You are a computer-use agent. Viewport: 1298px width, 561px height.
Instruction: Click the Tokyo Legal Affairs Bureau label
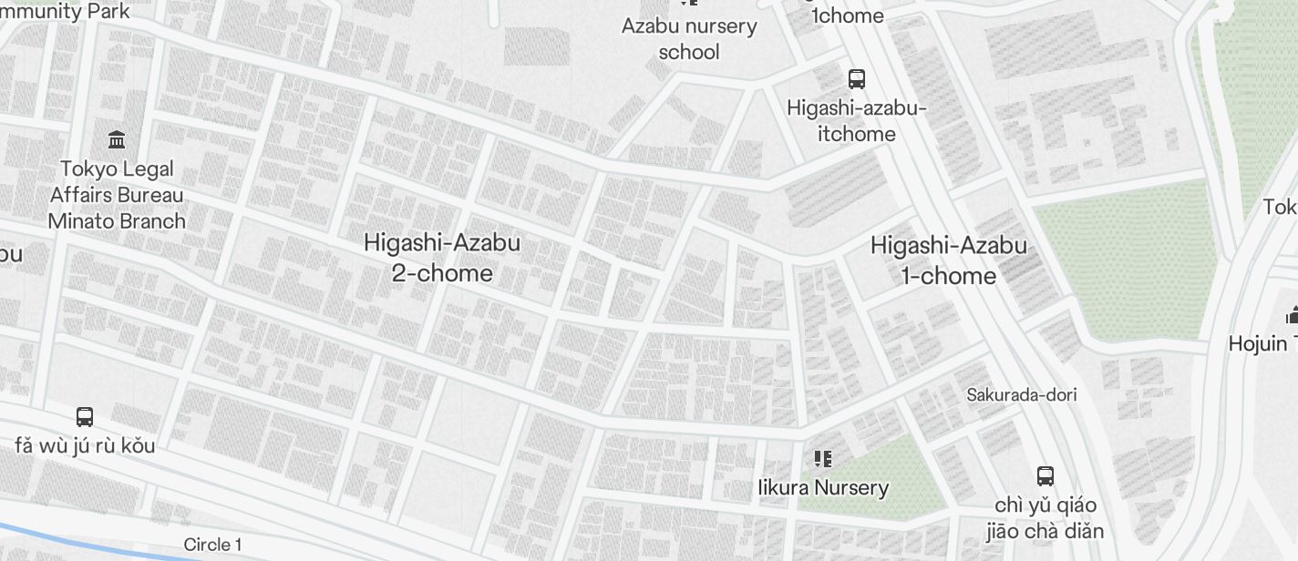[117, 195]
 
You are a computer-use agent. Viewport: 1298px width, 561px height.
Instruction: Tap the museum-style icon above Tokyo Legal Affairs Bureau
[117, 140]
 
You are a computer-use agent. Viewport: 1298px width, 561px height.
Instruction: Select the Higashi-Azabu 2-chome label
[442, 258]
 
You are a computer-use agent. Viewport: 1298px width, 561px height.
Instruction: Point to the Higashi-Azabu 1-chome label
[949, 260]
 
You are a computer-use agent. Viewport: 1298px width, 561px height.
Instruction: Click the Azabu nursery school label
[689, 38]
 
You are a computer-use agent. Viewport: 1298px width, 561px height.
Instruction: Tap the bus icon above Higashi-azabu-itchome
[857, 79]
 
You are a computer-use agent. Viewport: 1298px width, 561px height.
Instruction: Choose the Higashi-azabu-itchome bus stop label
[857, 121]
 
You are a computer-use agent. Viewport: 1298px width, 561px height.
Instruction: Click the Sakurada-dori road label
[1022, 394]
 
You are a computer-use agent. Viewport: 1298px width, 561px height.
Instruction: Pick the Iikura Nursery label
[823, 487]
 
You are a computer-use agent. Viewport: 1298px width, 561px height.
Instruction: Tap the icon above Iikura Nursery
[823, 458]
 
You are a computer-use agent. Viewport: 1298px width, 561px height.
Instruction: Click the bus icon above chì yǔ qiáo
[1046, 475]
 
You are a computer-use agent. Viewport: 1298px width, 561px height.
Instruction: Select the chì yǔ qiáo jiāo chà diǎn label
[1046, 518]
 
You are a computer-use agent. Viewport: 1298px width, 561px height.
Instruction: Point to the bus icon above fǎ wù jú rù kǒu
[85, 417]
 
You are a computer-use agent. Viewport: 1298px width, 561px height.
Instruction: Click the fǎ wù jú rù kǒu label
[85, 445]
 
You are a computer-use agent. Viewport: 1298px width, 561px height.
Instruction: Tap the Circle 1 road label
[212, 545]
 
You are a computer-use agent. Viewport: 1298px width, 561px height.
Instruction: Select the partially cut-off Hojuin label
[1262, 343]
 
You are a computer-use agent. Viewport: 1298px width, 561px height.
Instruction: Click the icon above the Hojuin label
[1291, 316]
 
